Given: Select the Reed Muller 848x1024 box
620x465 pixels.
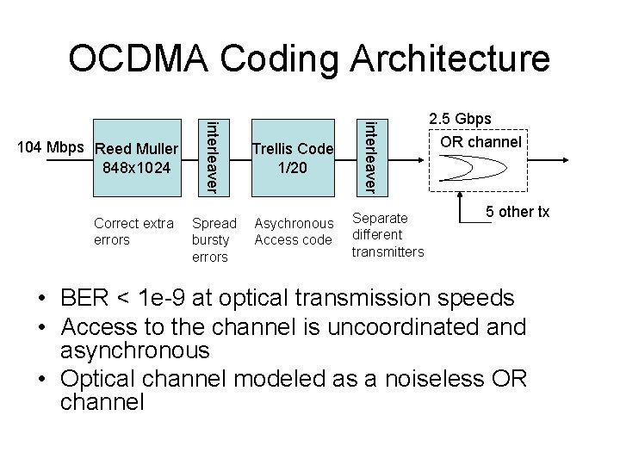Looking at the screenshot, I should coord(138,156).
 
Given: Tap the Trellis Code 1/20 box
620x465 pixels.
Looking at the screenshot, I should coord(292,156).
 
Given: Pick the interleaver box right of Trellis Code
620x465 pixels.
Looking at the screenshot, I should coord(369,156).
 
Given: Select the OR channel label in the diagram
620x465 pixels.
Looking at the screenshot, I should coord(480,140).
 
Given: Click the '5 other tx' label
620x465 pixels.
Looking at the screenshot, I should coord(517,212).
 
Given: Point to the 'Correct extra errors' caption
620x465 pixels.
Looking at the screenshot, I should coord(133,232).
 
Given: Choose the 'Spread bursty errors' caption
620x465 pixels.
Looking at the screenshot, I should coord(214,240).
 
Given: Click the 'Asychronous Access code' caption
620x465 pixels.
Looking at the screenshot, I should coord(293,232).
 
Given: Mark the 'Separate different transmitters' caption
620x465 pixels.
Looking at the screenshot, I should coord(387,235).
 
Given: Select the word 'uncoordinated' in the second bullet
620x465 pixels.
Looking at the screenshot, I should coord(400,327).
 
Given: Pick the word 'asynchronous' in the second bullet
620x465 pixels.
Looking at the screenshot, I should coord(134,350).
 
